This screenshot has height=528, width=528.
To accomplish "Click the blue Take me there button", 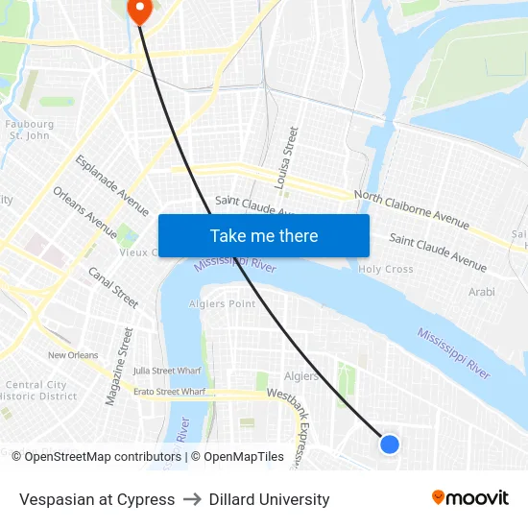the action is (264, 235).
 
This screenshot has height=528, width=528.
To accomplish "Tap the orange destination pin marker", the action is (140, 10).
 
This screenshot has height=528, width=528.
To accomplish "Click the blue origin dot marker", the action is (389, 444).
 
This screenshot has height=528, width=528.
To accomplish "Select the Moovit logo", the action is (469, 498).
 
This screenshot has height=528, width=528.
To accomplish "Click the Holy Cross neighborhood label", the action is (386, 270).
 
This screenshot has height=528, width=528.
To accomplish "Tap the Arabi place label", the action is (481, 292).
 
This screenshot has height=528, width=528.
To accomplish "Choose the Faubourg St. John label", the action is (29, 130).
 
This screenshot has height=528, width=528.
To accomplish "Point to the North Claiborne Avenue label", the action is (412, 209).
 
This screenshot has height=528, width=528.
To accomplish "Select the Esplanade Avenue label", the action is (112, 185).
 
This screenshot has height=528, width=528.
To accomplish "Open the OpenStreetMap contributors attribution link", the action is (102, 457).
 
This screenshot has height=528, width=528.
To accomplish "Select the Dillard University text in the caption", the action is (269, 499).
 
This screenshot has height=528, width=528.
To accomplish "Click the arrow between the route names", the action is (192, 499).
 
